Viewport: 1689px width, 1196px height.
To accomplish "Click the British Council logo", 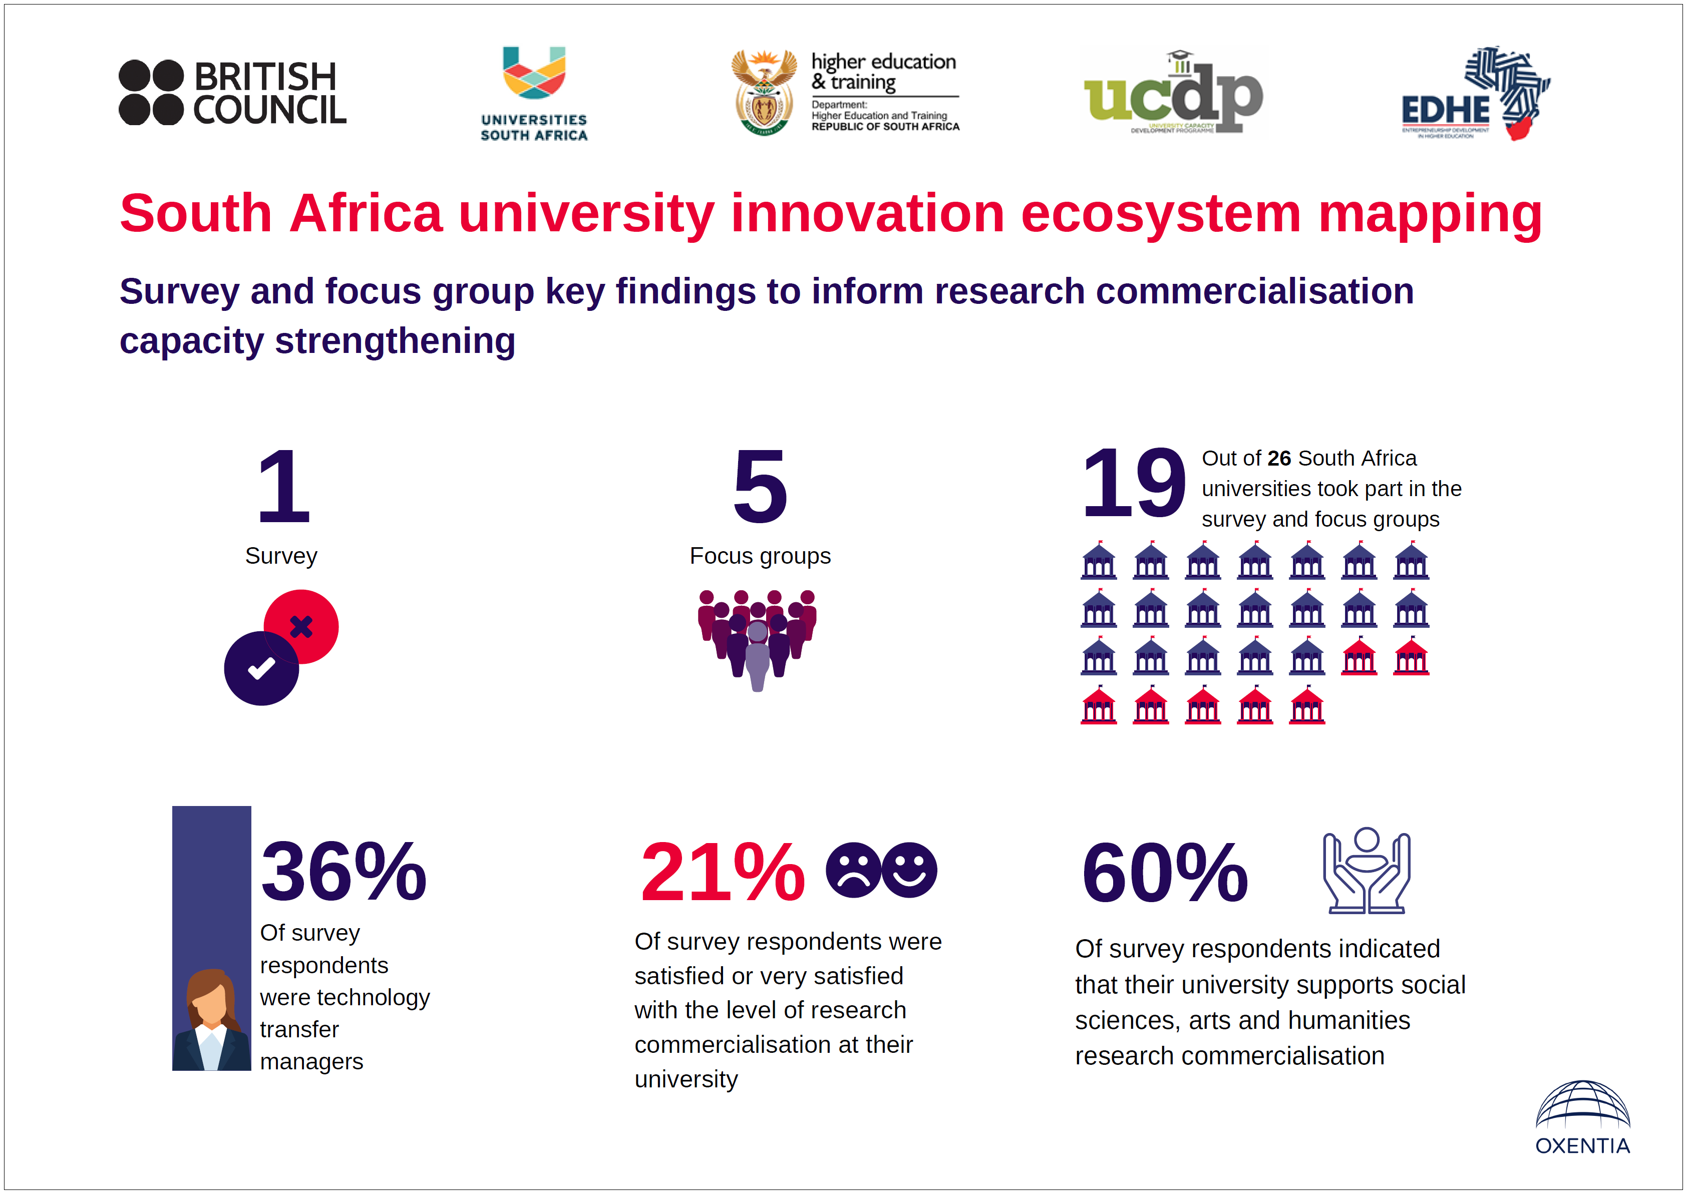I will (232, 93).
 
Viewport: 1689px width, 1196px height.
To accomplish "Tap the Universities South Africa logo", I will (534, 94).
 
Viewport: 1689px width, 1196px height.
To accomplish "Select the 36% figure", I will (343, 872).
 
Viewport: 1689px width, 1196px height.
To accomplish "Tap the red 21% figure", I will (723, 872).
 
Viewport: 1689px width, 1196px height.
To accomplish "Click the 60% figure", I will (1165, 872).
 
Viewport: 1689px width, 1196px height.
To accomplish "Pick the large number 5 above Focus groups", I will (760, 486).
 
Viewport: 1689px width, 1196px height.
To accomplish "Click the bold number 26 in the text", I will (1279, 458).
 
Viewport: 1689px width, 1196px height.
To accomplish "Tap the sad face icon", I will (853, 870).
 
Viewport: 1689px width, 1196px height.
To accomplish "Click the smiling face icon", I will (910, 870).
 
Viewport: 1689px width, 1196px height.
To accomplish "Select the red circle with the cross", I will (302, 626).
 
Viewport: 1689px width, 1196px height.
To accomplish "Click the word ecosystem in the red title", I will (1160, 214).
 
